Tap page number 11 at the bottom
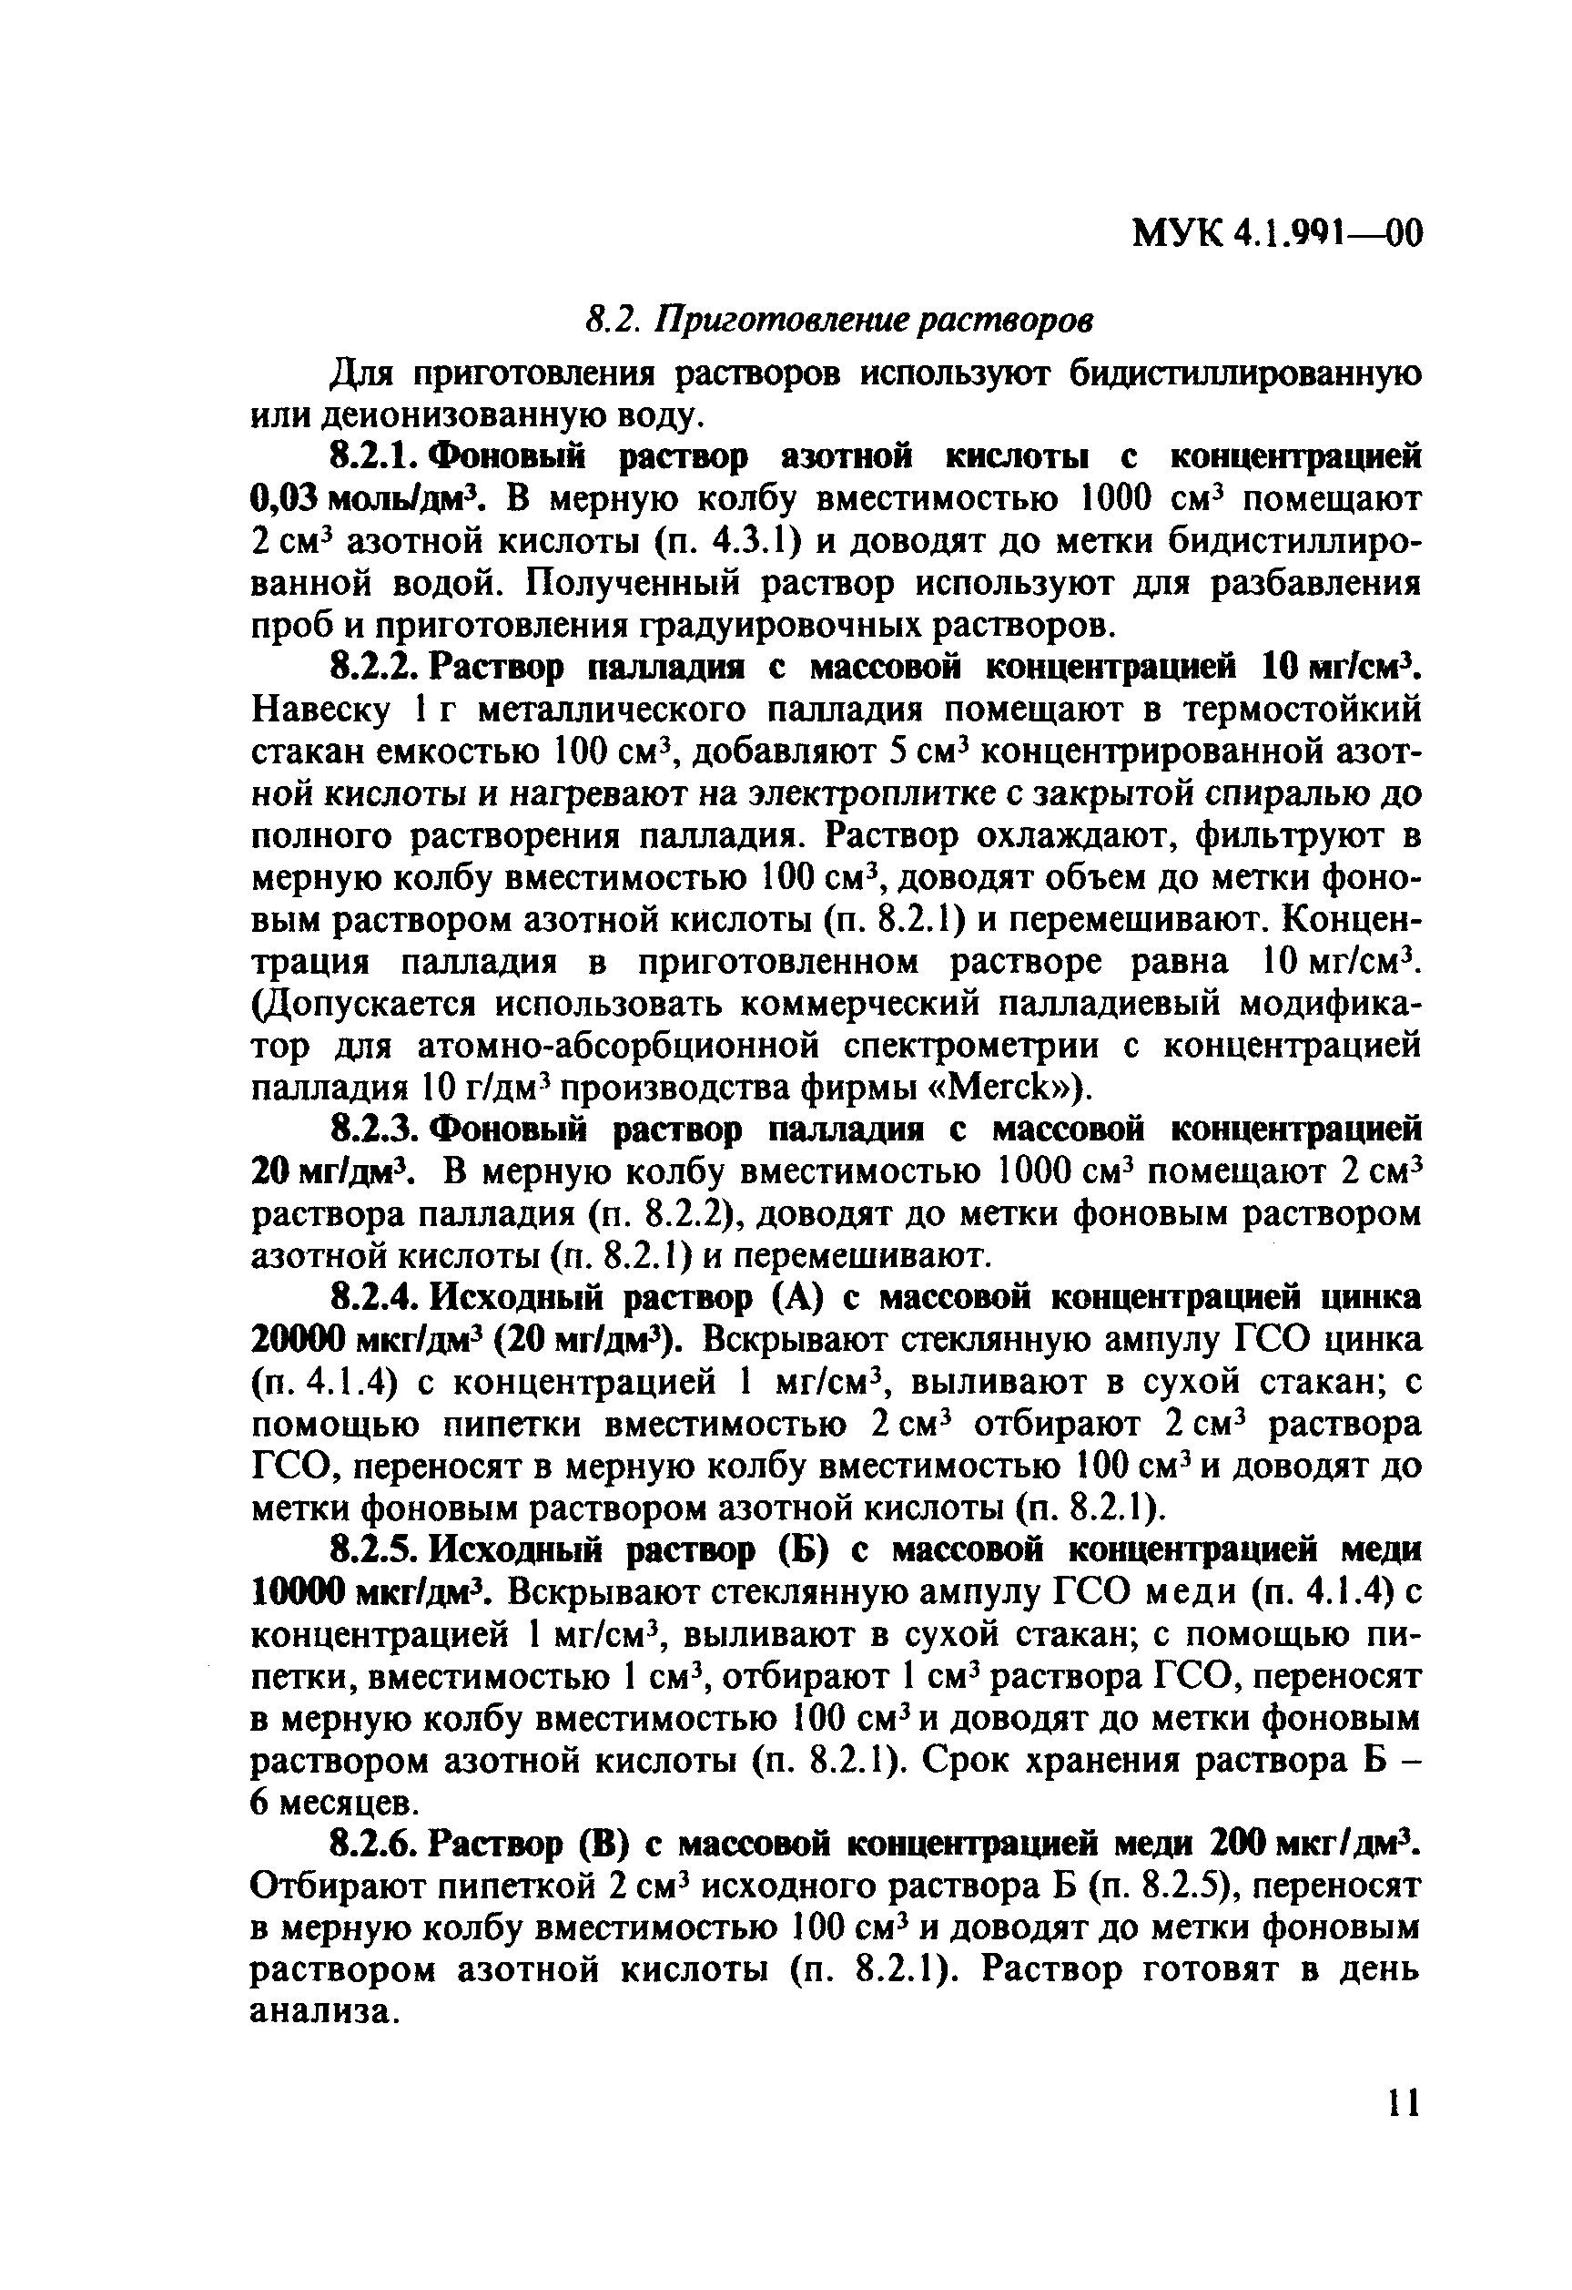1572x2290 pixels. click(1402, 2132)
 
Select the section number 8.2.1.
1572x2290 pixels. click(376, 458)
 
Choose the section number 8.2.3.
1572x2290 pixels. click(376, 1130)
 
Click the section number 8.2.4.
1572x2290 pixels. click(376, 1299)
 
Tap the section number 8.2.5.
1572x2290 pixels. click(376, 1551)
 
